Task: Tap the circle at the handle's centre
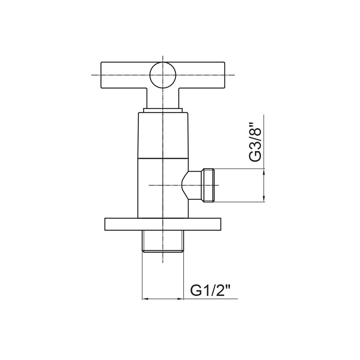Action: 163,75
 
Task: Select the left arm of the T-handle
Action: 125,75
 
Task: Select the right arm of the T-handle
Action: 200,75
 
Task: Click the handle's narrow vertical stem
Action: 163,98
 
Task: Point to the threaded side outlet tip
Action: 208,185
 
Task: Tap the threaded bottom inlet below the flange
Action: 163,241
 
